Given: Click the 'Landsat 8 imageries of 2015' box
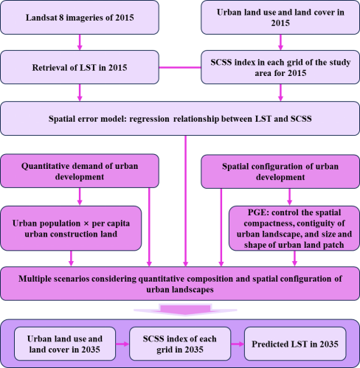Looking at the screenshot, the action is click(80, 18).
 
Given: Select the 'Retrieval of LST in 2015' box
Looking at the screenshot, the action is click(80, 67).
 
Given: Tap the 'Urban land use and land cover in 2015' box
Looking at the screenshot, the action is click(280, 18).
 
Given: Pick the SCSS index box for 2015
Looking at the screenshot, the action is click(280, 67).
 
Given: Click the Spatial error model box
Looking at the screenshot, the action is click(180, 119).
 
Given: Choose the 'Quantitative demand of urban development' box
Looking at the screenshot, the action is click(80, 171).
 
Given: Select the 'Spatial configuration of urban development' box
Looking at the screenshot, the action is click(280, 172).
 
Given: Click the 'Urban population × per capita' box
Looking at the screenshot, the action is click(71, 229).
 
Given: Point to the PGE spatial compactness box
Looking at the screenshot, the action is click(294, 229).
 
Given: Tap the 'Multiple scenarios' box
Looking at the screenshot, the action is click(180, 284).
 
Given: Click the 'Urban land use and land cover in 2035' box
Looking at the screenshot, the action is click(65, 344).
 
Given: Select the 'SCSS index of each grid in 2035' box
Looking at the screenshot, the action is click(180, 344).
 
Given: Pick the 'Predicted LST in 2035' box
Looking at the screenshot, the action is click(295, 344).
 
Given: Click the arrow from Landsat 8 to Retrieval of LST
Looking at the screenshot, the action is click(80, 42).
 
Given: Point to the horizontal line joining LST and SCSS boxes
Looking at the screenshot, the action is click(180, 67).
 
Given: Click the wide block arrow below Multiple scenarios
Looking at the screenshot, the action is click(185, 310).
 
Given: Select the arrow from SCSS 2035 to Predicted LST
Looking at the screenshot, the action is click(238, 344).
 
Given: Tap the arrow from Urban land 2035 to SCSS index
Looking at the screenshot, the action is click(122, 344).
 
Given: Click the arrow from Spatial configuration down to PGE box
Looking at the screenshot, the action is click(289, 197).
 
